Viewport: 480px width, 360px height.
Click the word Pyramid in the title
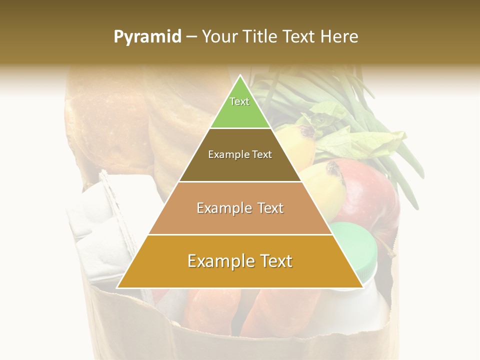pyautogui.click(x=147, y=37)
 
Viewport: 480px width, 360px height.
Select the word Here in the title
pyautogui.click(x=339, y=37)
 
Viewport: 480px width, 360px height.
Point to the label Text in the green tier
pyautogui.click(x=239, y=101)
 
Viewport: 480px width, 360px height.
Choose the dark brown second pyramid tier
pyautogui.click(x=210, y=167)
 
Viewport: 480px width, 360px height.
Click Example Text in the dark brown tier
pyautogui.click(x=240, y=154)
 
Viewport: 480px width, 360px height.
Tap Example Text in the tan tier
pyautogui.click(x=240, y=208)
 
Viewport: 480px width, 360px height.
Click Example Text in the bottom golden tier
pyautogui.click(x=240, y=261)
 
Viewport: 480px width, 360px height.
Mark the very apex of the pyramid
pyautogui.click(x=240, y=76)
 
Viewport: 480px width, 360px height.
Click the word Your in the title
pyautogui.click(x=218, y=37)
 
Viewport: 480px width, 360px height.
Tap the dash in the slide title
pyautogui.click(x=191, y=37)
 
